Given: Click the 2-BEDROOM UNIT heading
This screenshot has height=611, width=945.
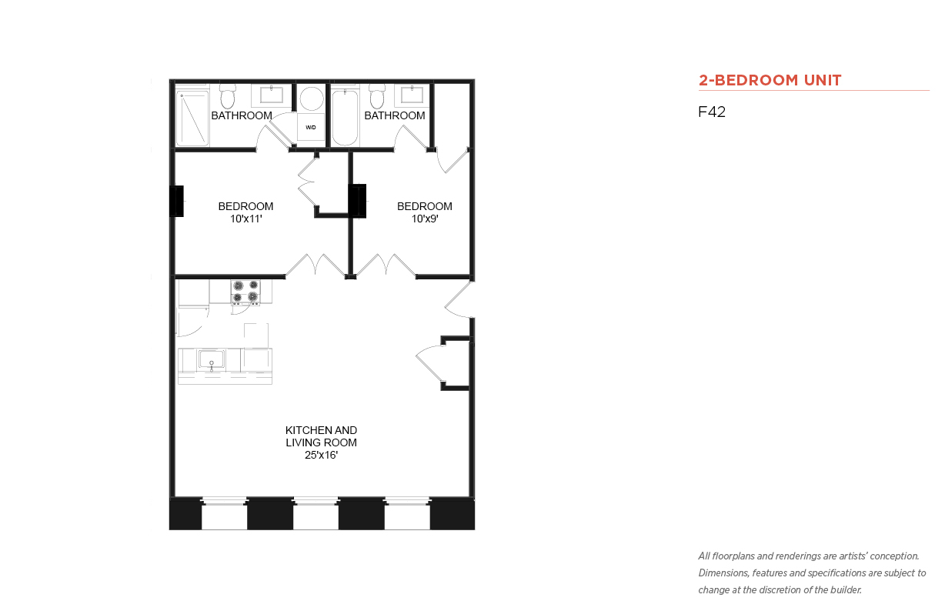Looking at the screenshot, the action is [x=770, y=80].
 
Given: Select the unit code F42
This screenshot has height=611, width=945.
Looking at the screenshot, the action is [x=712, y=112].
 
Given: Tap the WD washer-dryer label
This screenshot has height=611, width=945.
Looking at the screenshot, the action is [x=311, y=128].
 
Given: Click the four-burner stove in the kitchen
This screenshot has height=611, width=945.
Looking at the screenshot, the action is [x=245, y=292].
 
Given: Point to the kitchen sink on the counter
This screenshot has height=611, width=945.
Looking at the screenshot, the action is [x=212, y=359].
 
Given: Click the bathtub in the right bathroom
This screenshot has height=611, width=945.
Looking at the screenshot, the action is [x=345, y=117].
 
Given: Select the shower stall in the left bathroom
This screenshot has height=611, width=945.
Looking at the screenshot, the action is [x=192, y=119].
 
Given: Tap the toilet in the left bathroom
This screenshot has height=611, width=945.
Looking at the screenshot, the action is [x=228, y=97].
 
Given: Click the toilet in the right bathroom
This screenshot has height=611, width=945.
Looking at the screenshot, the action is [x=377, y=97].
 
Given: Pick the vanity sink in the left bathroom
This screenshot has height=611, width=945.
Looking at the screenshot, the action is [x=272, y=95].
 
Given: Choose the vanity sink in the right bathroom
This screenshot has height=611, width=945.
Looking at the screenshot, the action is [x=412, y=95].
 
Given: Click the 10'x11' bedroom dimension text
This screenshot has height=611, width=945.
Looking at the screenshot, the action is [x=246, y=219].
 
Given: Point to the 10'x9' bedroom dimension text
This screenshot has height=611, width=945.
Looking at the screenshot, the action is [x=425, y=219].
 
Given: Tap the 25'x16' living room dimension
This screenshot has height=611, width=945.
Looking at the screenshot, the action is [x=321, y=456].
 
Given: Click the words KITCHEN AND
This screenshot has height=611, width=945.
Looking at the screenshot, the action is [x=321, y=430].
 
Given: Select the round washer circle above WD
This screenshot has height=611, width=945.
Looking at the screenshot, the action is [x=312, y=98].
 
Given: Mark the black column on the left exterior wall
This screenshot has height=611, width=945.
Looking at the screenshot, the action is [x=176, y=202].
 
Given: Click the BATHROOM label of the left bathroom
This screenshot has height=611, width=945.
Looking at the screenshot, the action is [x=242, y=115].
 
